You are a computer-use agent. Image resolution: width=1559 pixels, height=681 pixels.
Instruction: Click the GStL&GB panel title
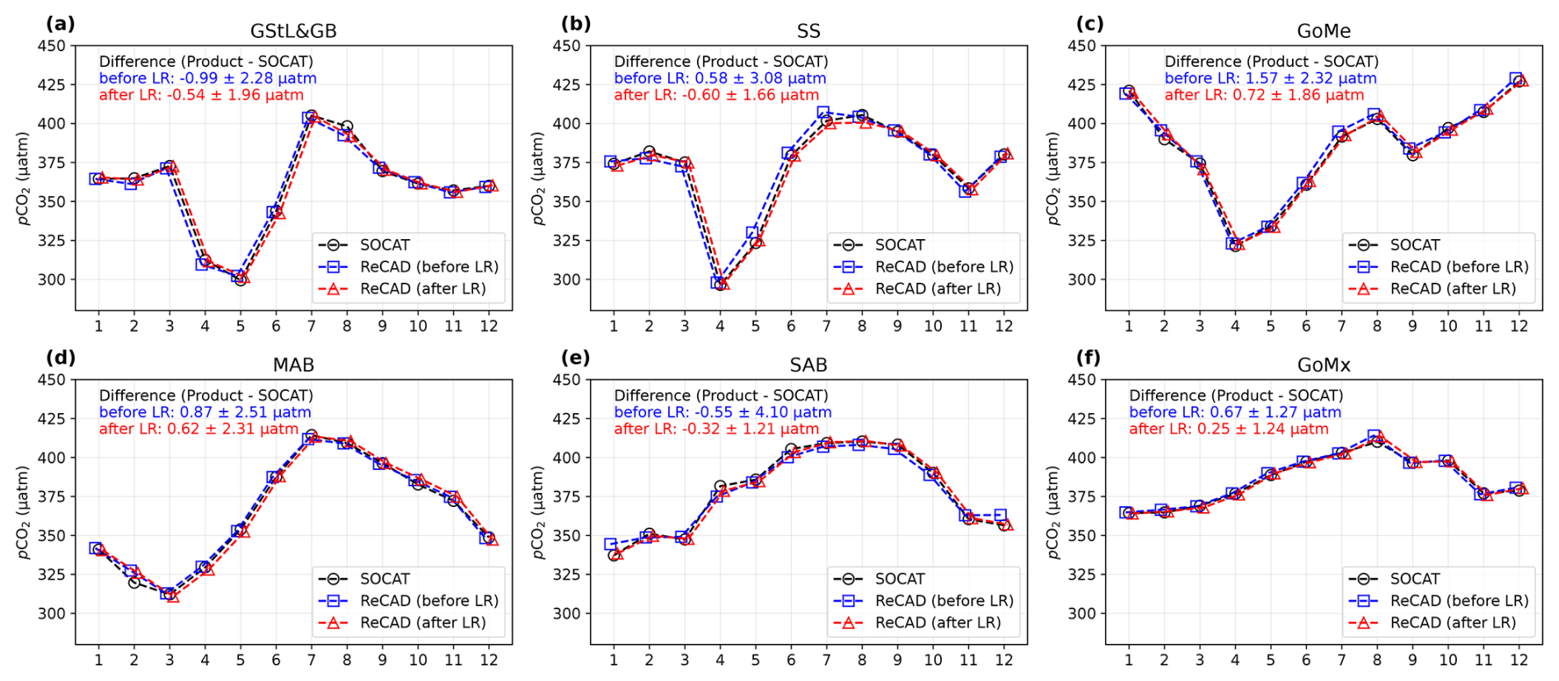tap(293, 31)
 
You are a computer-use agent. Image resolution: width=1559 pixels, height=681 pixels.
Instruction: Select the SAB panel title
tap(808, 365)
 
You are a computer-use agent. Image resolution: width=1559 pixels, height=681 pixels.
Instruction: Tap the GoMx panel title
tap(1323, 365)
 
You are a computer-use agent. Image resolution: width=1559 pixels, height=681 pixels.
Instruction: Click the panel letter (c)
tap(1089, 23)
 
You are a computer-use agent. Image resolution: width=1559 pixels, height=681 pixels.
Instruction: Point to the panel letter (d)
tap(60, 357)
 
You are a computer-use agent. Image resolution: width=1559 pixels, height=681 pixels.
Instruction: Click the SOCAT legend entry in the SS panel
tap(899, 245)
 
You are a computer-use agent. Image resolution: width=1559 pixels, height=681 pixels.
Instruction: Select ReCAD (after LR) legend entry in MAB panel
tap(423, 622)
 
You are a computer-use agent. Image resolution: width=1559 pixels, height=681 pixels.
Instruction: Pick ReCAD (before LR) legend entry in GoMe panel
tap(1458, 266)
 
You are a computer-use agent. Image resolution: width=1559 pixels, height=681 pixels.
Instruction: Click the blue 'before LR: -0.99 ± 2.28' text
tap(208, 78)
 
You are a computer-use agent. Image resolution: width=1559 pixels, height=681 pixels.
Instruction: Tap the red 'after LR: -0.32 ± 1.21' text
tap(716, 429)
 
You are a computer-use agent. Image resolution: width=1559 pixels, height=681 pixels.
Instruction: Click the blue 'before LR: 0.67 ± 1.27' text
tap(1234, 412)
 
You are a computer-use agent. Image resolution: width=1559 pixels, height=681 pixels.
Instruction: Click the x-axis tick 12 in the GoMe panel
tap(1519, 326)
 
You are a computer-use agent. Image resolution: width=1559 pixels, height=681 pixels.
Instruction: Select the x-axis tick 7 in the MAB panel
tap(311, 660)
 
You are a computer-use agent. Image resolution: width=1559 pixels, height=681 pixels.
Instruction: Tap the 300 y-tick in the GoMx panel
tap(1082, 613)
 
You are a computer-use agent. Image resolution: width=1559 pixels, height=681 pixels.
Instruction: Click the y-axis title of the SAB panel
tap(538, 512)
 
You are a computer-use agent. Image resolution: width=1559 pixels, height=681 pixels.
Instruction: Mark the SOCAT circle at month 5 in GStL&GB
tap(241, 279)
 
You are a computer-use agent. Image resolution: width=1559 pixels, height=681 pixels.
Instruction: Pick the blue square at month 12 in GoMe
tap(1516, 79)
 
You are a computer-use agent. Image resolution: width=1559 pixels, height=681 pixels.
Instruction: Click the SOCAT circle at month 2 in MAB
tap(134, 582)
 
